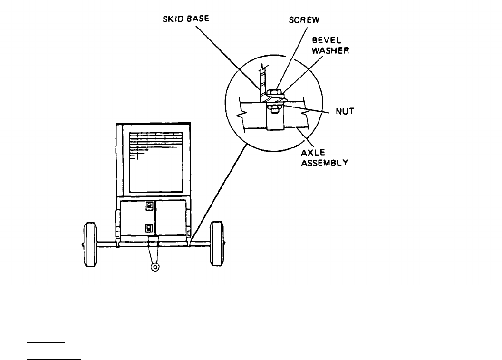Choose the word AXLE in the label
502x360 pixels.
click(x=311, y=153)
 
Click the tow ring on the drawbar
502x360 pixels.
click(x=154, y=267)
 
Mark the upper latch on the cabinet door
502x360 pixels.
click(x=149, y=206)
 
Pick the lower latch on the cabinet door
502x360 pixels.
click(x=149, y=228)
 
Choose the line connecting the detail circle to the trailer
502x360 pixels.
click(x=219, y=190)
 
